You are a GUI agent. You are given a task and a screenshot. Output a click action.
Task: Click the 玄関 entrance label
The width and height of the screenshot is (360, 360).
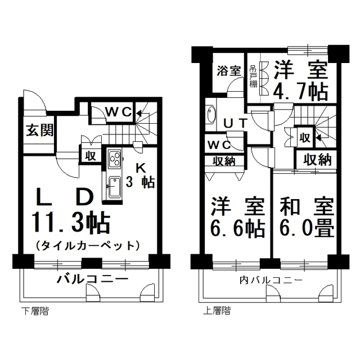point(39,130)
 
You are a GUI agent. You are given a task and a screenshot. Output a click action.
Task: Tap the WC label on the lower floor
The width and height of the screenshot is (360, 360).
point(118,112)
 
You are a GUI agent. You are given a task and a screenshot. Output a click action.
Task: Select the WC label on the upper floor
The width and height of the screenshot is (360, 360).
point(219,145)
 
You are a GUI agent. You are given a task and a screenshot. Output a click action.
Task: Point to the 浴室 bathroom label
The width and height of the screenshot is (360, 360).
point(229,71)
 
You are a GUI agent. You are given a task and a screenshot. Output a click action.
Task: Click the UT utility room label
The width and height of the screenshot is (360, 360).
point(235,124)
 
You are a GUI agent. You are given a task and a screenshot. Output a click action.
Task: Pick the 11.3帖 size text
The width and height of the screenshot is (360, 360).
point(71,222)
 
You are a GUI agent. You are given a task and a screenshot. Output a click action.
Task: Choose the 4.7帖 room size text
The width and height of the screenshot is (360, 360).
point(300,92)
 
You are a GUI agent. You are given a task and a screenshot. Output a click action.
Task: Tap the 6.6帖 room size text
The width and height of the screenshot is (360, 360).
point(237,229)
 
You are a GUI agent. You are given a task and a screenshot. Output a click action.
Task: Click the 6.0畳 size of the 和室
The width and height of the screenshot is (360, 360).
point(307,229)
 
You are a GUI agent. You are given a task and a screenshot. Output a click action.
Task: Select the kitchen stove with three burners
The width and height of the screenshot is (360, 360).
point(115,159)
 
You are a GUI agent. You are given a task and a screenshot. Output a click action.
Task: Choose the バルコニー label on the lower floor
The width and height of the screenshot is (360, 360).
point(92,279)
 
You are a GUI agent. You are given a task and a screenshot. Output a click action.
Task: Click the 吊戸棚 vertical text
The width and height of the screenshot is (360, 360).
point(253,76)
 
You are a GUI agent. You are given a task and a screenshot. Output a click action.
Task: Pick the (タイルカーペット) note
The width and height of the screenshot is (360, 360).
point(88,246)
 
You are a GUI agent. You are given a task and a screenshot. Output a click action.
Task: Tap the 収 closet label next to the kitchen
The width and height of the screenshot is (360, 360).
point(91,156)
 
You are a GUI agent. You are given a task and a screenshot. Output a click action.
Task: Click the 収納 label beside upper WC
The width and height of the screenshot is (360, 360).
point(224,162)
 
